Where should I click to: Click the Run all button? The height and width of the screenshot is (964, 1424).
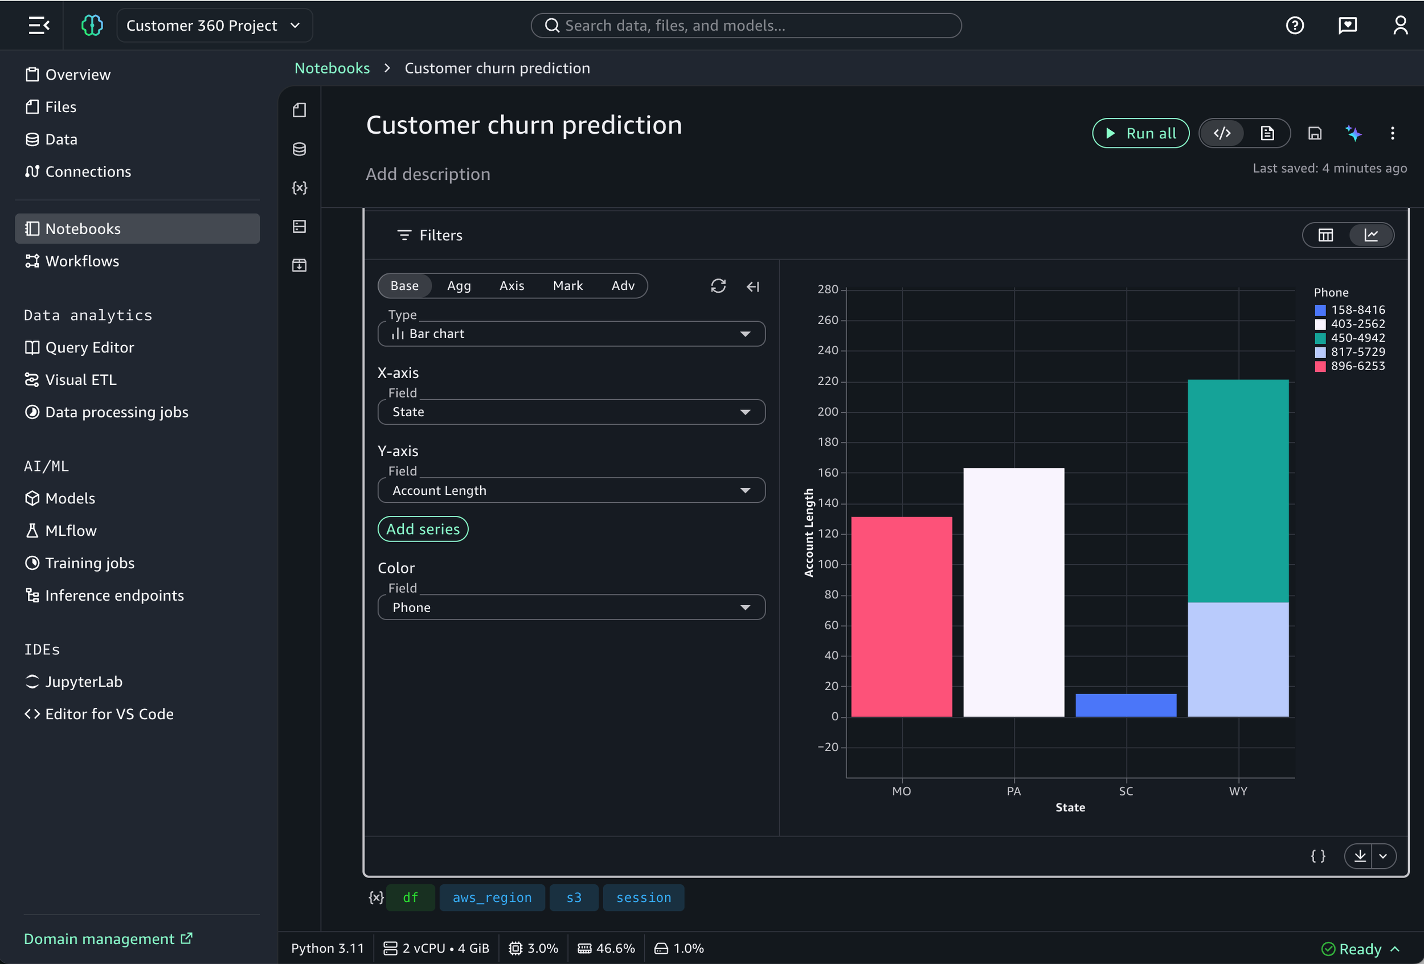pos(1140,133)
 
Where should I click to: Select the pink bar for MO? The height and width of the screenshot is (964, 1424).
pos(901,616)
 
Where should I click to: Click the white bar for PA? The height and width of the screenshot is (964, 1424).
pos(1013,592)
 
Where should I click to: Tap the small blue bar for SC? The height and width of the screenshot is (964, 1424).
pos(1126,705)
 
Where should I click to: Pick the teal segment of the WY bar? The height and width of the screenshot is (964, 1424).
pos(1238,491)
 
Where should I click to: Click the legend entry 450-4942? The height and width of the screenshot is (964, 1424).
pos(1357,338)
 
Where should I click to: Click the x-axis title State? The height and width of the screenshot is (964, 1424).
pos(1070,807)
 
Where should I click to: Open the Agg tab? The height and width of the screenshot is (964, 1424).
pos(459,286)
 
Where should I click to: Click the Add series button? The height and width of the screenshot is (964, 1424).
pos(423,529)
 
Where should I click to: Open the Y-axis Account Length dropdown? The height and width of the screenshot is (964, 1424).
pos(571,491)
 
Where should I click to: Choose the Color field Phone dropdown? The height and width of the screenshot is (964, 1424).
pos(571,608)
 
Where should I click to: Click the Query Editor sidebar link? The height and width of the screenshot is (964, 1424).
pos(89,347)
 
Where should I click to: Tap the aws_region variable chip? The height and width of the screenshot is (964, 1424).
pos(492,898)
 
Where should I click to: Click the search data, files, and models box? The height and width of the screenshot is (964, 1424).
pos(746,26)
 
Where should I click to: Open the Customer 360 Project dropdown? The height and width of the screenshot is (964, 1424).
pos(214,26)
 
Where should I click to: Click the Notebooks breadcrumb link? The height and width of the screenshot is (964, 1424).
pos(332,68)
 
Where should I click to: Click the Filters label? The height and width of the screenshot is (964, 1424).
pos(440,235)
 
